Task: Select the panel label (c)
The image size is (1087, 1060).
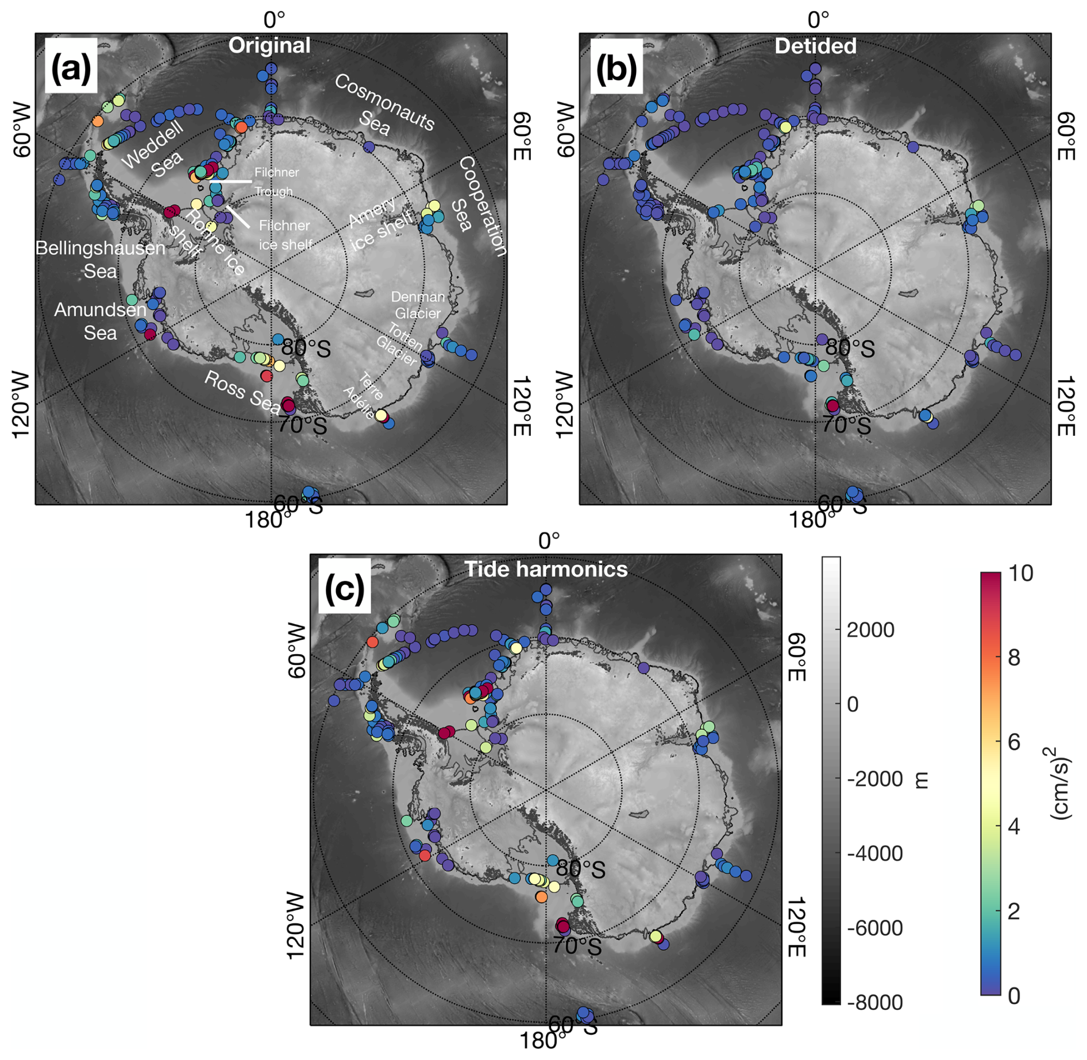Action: (x=344, y=588)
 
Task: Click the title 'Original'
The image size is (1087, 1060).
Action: (x=269, y=45)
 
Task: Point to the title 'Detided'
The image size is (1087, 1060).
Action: (x=815, y=46)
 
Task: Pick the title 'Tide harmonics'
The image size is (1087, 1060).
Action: (x=546, y=568)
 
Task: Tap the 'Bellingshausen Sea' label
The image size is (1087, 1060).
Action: (x=100, y=259)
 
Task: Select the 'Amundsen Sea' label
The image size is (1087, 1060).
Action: (x=100, y=322)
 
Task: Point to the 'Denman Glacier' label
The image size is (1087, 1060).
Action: (x=418, y=305)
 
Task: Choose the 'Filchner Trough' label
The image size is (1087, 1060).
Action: (x=276, y=181)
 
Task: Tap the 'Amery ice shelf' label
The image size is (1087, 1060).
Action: (x=380, y=222)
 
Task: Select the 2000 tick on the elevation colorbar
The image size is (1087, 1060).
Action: (x=870, y=629)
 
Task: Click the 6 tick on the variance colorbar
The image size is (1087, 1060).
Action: (x=1014, y=742)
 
